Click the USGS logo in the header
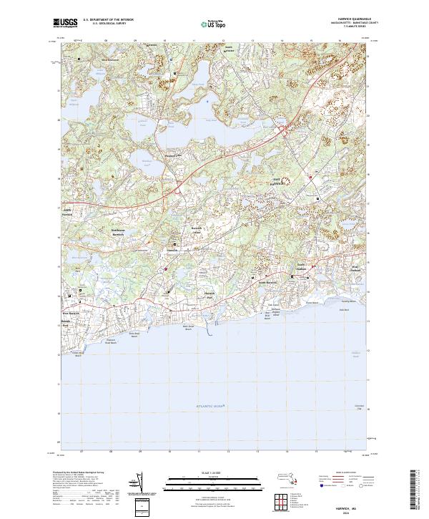66,24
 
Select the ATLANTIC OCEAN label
209,406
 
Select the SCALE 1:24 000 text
214,472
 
